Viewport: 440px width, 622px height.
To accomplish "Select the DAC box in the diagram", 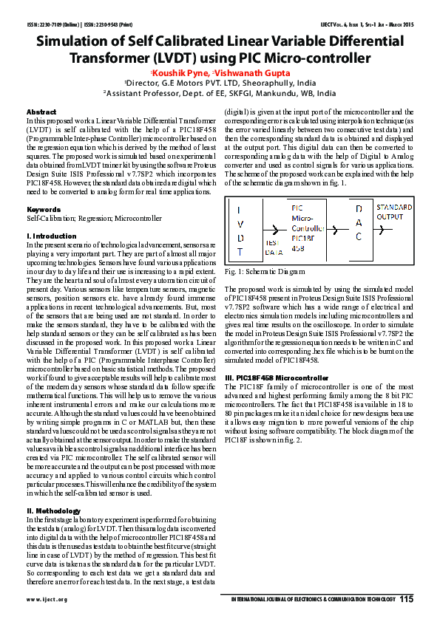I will pos(359,225).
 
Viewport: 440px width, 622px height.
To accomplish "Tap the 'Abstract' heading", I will pos(41,111).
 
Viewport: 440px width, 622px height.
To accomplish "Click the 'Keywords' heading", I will pos(44,210).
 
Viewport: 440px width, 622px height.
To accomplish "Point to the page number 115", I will pos(406,599).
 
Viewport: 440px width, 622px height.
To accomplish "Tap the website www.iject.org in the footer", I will pos(47,600).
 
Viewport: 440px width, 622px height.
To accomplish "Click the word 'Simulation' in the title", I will pos(79,43).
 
